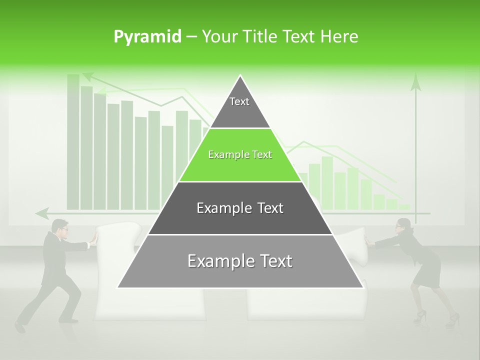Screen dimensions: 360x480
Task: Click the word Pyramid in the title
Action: click(x=147, y=37)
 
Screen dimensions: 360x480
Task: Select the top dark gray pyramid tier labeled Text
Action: click(x=239, y=107)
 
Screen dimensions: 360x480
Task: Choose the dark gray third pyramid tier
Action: click(x=240, y=208)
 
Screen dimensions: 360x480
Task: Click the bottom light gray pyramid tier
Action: click(x=240, y=261)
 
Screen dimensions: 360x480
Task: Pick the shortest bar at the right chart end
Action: click(x=404, y=206)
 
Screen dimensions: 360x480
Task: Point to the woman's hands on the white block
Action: click(x=369, y=241)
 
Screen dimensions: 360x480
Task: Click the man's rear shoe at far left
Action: click(x=20, y=327)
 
